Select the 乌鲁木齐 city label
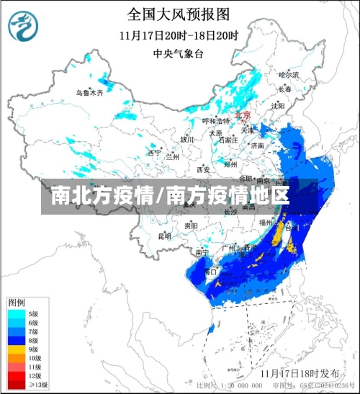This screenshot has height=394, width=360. tap(90, 93)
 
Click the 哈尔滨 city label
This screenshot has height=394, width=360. tap(287, 75)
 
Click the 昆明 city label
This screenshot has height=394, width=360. tap(165, 236)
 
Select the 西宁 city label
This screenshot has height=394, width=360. tap(154, 153)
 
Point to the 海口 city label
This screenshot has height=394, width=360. tap(210, 272)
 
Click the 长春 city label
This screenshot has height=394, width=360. tap(285, 89)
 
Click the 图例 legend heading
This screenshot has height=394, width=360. tap(17, 301)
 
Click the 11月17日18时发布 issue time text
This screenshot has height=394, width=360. tap(300, 373)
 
